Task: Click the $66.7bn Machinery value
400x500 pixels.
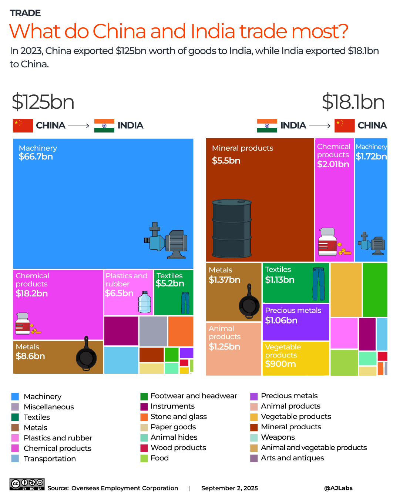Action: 36,157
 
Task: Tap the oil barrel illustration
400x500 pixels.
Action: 232,228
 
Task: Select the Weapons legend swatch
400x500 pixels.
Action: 254,437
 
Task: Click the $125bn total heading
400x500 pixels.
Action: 43,102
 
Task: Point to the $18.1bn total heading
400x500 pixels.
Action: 353,102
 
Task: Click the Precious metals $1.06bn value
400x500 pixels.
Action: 281,321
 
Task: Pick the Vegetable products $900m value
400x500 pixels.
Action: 280,364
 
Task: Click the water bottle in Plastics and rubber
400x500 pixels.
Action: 144,302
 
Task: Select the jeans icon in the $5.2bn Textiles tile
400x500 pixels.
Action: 185,303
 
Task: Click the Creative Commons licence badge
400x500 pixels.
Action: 27,484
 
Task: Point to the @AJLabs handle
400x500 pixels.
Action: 338,488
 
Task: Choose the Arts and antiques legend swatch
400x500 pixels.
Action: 254,458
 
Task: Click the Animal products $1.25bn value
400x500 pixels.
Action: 224,347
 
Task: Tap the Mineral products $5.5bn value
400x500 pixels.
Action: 226,161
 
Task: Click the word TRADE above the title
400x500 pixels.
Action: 25,13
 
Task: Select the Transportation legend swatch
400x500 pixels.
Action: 15,459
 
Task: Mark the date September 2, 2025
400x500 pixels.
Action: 229,488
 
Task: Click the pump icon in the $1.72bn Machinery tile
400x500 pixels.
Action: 372,244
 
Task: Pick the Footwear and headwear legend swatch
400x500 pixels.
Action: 144,396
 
